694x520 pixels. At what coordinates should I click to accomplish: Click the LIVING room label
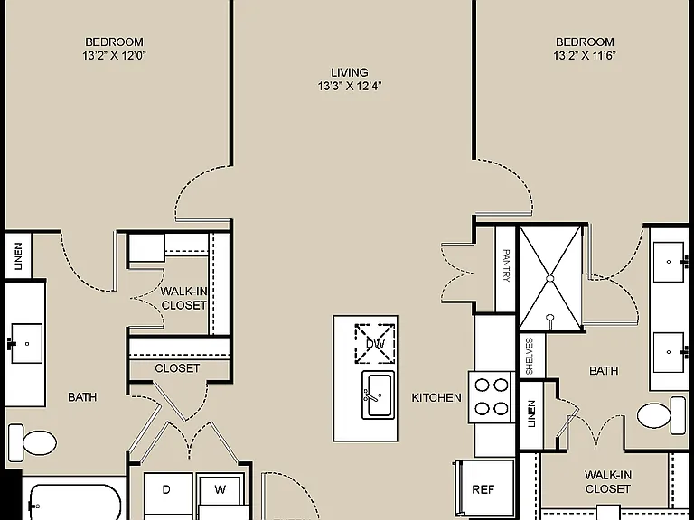point(349,72)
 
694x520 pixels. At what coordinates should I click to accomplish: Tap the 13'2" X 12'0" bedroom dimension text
point(114,56)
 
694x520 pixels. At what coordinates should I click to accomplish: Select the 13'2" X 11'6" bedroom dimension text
point(585,56)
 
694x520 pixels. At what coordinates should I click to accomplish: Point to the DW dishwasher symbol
point(375,344)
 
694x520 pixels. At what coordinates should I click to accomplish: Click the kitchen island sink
point(378,395)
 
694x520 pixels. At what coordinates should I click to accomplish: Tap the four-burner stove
point(492,397)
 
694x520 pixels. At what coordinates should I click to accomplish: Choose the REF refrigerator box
point(483,489)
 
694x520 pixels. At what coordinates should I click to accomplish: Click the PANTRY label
point(506,265)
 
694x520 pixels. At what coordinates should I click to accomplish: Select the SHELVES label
point(530,356)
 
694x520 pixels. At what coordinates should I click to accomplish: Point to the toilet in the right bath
point(661,414)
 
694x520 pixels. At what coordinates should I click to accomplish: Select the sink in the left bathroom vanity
point(25,343)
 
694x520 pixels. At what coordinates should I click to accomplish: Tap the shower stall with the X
point(550,278)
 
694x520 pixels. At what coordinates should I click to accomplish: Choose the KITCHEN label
point(436,398)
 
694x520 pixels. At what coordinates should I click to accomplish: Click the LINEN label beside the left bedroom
point(19,256)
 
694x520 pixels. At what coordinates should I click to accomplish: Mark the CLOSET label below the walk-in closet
point(177,368)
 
